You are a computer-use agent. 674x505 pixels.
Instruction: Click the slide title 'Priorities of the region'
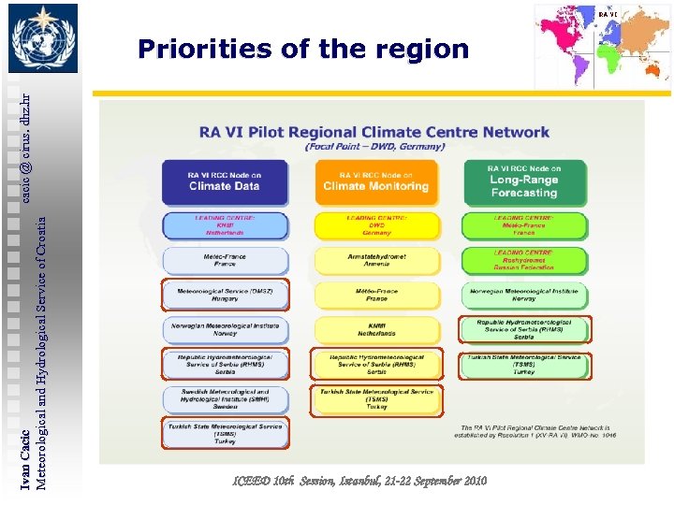coord(302,49)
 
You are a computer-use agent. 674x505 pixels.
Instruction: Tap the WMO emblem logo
coord(44,39)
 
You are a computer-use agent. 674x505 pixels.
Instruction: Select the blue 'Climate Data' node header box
coord(225,181)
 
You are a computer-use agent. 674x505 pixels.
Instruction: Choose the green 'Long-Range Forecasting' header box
coord(524,180)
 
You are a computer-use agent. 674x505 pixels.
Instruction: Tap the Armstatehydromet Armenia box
coord(375,260)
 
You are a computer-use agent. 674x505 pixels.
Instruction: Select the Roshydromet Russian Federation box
coord(524,261)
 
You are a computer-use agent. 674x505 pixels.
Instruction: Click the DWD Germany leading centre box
coord(375,225)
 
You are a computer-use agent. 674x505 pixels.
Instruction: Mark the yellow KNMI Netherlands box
coord(375,329)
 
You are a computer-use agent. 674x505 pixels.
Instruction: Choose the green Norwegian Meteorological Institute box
coord(524,296)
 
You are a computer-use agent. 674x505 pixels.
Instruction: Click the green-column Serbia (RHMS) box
coord(524,329)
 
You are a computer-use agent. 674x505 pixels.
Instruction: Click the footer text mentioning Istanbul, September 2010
coord(359,480)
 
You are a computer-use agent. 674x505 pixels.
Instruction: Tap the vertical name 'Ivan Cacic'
coord(25,458)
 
